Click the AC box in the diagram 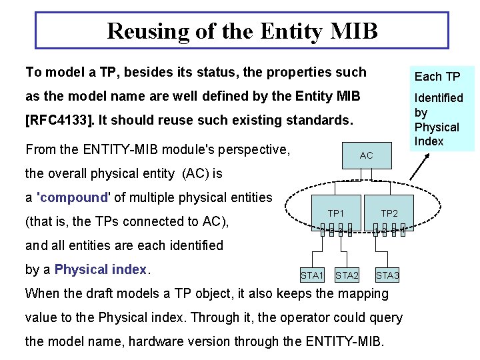tap(366, 155)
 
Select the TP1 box tap(335, 213)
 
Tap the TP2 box tap(389, 213)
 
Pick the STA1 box tap(312, 275)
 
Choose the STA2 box tap(347, 275)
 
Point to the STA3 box tap(387, 275)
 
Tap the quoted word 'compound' tap(74, 197)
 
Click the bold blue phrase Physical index tap(100, 269)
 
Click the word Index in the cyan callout tap(429, 141)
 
